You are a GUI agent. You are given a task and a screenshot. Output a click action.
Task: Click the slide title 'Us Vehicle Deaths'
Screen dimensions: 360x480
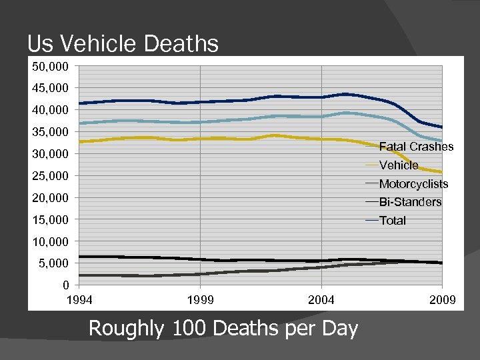click(123, 44)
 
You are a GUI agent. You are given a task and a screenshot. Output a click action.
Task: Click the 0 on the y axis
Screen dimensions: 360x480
click(65, 285)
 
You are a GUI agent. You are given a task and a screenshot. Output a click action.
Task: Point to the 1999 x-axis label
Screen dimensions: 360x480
click(201, 301)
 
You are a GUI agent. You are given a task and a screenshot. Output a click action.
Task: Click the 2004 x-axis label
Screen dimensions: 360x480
click(321, 301)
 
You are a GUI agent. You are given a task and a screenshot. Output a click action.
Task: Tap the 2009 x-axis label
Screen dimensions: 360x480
click(442, 301)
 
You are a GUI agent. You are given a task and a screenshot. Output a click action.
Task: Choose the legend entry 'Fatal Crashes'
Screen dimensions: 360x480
click(416, 147)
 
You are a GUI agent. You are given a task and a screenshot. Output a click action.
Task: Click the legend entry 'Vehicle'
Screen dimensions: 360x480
click(399, 165)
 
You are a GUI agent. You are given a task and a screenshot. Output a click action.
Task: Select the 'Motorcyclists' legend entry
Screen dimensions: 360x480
click(413, 184)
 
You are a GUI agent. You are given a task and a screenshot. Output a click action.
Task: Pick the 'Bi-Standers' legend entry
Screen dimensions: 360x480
click(410, 202)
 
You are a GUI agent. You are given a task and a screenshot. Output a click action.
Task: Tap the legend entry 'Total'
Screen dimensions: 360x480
click(392, 221)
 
